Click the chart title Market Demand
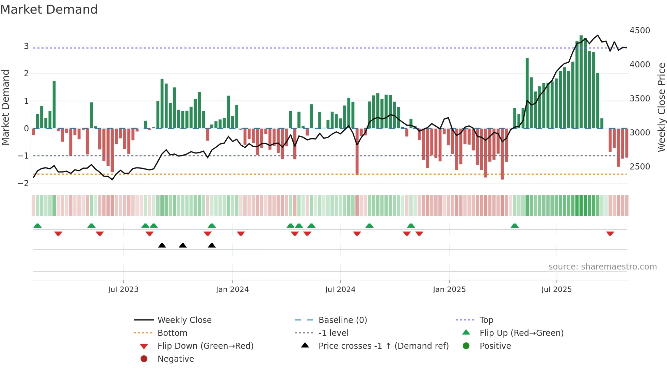pos(49,10)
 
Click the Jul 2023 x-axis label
pos(123,290)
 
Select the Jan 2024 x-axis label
pos(232,290)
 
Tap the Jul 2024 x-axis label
pos(340,290)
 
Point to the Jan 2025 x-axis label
pos(449,290)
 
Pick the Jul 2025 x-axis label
pos(556,290)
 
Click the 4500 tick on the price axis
pos(639,31)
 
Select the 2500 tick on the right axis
pos(639,167)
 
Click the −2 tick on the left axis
pos(23,183)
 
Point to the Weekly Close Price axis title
pos(661,107)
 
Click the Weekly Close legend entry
pos(184,320)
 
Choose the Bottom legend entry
pos(172,333)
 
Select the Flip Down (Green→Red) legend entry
pos(205,346)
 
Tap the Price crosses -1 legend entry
pos(383,346)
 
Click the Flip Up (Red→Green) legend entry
pos(521,333)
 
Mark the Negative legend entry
pos(176,359)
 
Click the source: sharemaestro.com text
pos(602,267)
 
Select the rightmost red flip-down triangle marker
pos(610,233)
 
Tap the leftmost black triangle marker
pos(162,245)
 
